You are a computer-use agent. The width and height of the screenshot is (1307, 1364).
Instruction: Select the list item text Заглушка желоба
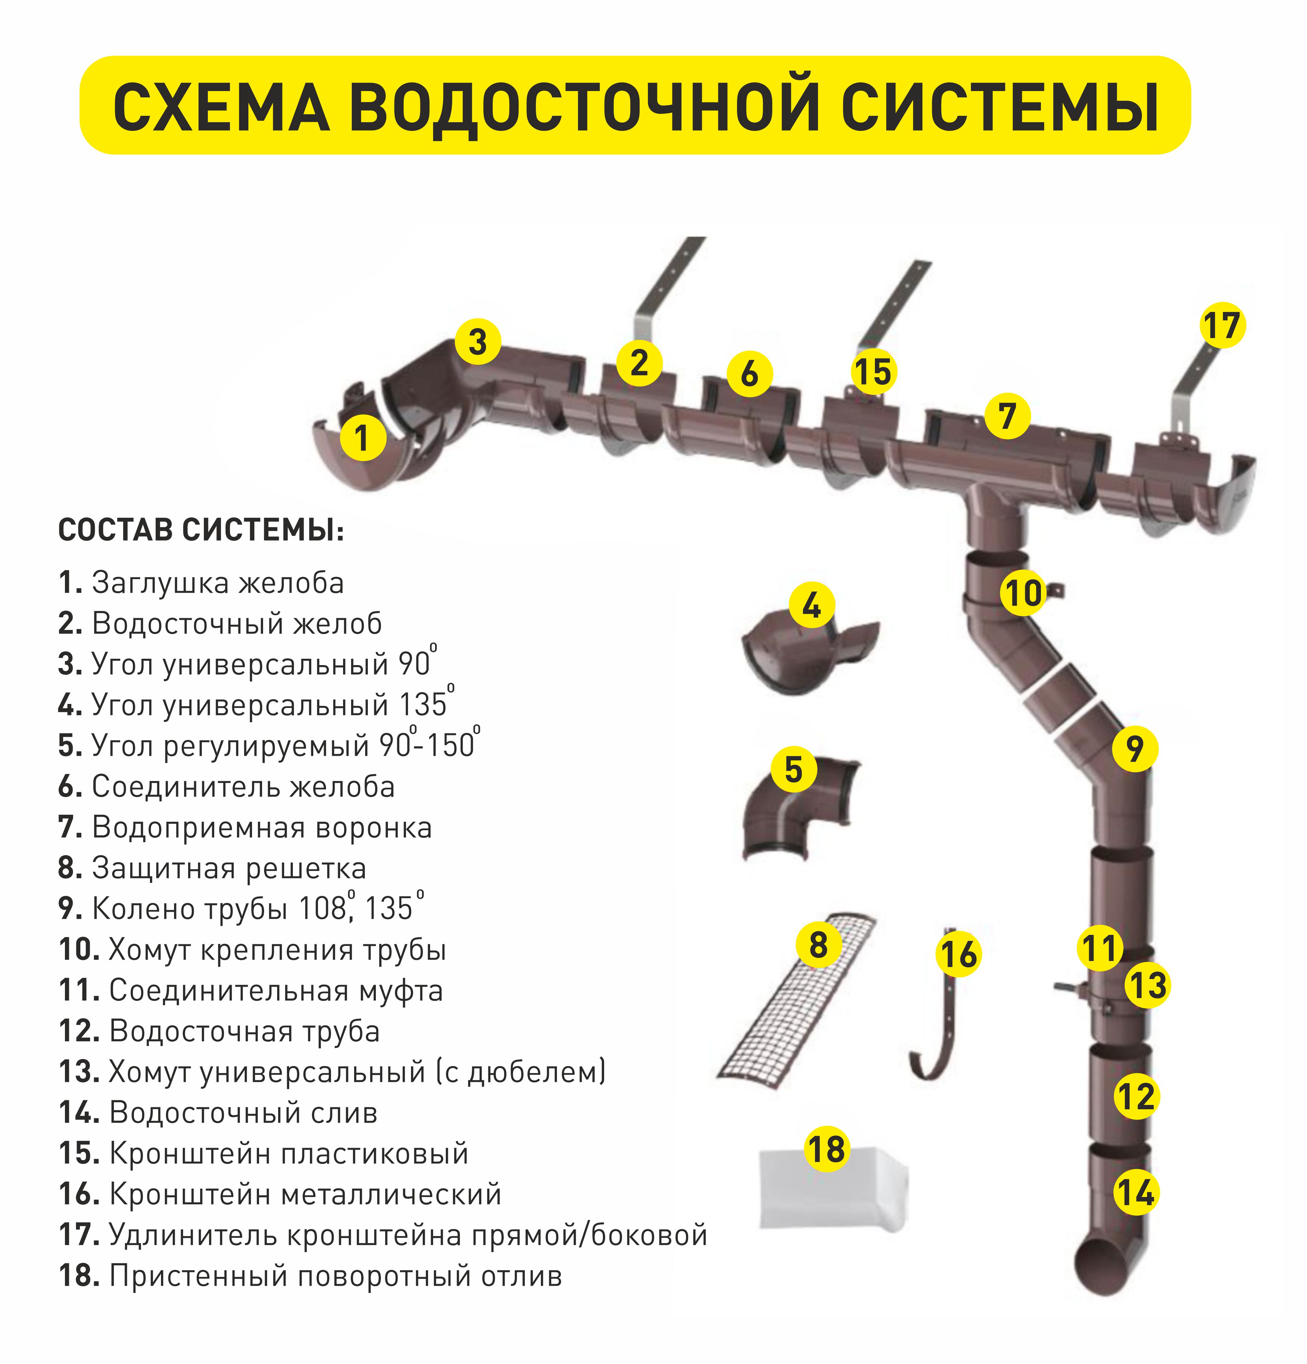pyautogui.click(x=218, y=583)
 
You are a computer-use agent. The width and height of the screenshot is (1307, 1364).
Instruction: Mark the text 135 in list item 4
pyautogui.click(x=422, y=705)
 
